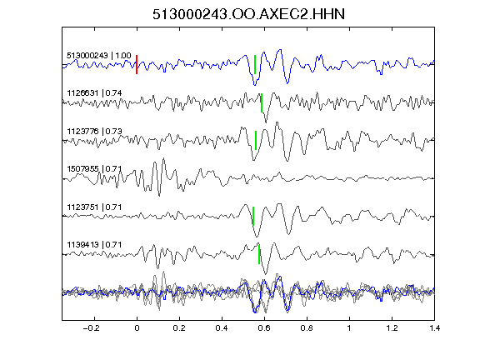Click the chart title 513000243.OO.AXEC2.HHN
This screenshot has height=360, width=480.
pos(248,14)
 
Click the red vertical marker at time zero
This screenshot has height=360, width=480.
pos(137,65)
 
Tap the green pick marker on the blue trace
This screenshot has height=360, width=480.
pos(255,65)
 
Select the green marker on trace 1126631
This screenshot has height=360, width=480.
pos(262,102)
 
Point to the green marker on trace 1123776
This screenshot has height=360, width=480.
pos(256,140)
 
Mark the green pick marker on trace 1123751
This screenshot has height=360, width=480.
pos(253,216)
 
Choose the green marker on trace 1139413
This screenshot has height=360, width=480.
pos(259,254)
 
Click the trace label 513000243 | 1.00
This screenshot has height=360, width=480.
pos(99,55)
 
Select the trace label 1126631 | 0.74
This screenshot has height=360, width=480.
pos(94,92)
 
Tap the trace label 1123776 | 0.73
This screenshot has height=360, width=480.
pos(94,131)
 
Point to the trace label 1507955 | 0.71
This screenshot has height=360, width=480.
pos(94,168)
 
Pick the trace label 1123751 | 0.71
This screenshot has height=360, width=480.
pos(94,207)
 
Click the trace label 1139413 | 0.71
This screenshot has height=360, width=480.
pos(94,245)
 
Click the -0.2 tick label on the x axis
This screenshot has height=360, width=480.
pos(92,328)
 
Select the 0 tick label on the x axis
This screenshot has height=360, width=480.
pos(137,328)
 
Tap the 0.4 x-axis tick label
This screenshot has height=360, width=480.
pos(222,328)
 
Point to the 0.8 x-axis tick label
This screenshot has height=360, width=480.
pos(307,328)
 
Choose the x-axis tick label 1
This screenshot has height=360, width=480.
pos(349,328)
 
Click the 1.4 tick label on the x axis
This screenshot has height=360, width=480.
pos(435,328)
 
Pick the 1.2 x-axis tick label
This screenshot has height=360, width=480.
pos(392,328)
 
